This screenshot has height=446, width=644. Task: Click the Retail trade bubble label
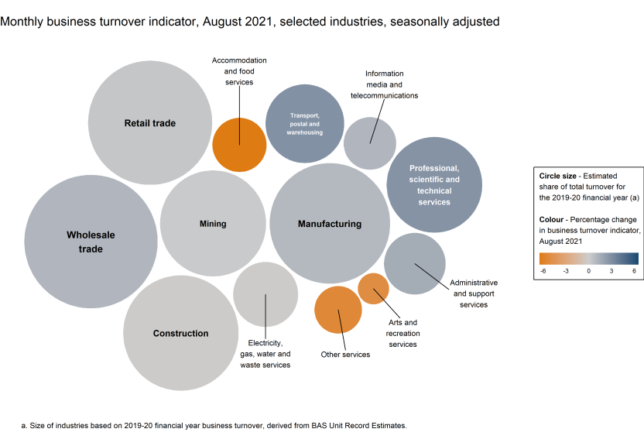tap(150, 123)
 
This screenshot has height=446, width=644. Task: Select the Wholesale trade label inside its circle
tap(84, 242)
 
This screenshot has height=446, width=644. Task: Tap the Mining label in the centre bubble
tap(213, 224)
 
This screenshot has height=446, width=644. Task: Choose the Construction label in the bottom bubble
tap(180, 334)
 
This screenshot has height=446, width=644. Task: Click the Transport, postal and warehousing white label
tap(305, 124)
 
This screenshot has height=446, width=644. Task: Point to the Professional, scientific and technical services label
tap(434, 185)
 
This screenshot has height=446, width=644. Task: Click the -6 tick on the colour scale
tap(544, 271)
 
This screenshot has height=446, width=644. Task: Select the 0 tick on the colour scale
tap(589, 271)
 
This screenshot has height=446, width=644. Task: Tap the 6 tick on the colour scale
tap(633, 271)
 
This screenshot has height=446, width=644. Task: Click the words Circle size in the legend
tap(560, 177)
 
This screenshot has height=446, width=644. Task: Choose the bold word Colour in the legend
tap(554, 220)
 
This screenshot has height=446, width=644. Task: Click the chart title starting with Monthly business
tap(250, 22)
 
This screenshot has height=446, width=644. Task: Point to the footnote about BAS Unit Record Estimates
tap(213, 426)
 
